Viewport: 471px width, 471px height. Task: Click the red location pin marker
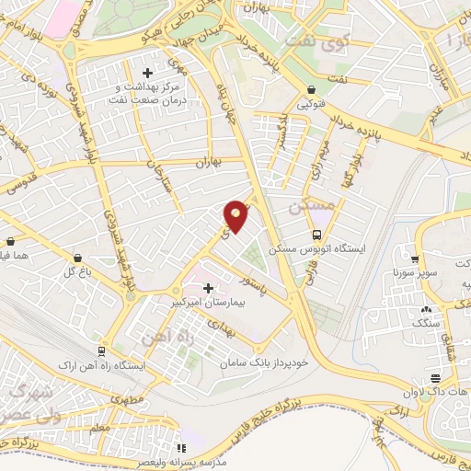click(x=236, y=214)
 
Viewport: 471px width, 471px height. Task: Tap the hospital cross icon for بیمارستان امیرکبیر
click(x=208, y=288)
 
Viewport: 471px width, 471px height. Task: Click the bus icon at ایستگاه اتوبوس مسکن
click(x=317, y=235)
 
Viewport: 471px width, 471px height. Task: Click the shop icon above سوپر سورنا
click(x=416, y=260)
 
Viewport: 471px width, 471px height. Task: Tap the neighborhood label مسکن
click(x=307, y=208)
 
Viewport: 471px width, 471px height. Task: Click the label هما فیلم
click(x=17, y=255)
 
